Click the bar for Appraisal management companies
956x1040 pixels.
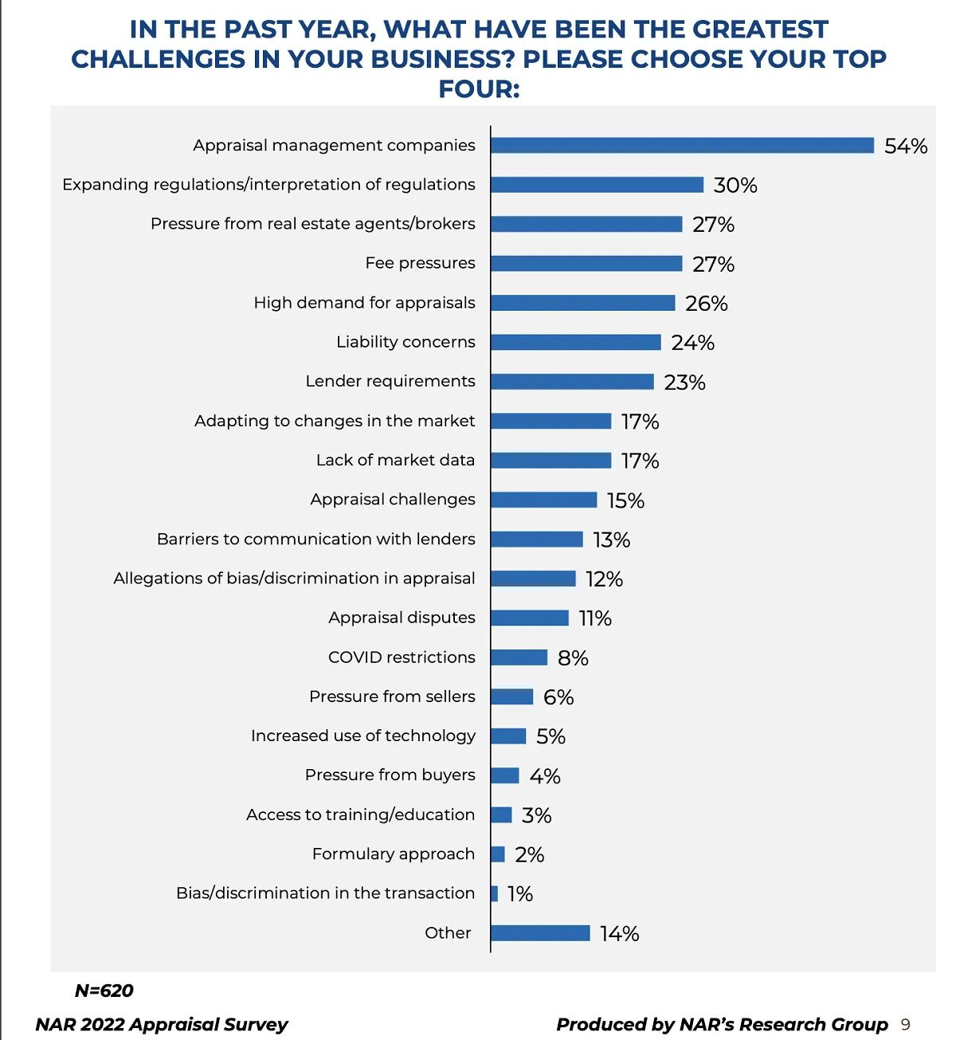pyautogui.click(x=682, y=145)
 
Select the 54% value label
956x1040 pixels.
pyautogui.click(x=906, y=146)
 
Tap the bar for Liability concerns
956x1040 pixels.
pyautogui.click(x=576, y=342)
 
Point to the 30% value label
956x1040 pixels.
pyautogui.click(x=735, y=185)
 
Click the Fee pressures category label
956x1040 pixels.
pyautogui.click(x=420, y=263)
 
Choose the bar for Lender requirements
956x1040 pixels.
pyautogui.click(x=572, y=382)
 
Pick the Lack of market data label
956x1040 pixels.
pyautogui.click(x=395, y=460)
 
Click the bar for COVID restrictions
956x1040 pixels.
pyautogui.click(x=519, y=657)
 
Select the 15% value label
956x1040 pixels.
pyautogui.click(x=625, y=500)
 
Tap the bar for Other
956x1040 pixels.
pyautogui.click(x=540, y=933)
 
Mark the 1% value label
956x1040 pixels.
pyautogui.click(x=519, y=894)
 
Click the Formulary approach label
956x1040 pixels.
pyautogui.click(x=393, y=854)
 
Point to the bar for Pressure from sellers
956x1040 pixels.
pyautogui.click(x=512, y=697)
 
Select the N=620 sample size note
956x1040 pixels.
pyautogui.click(x=104, y=991)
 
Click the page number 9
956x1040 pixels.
pyautogui.click(x=905, y=1025)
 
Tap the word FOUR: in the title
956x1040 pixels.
pyautogui.click(x=479, y=88)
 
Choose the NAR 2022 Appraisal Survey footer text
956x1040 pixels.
pyautogui.click(x=162, y=1025)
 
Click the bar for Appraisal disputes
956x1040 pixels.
pyautogui.click(x=530, y=618)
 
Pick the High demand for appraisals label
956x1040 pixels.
pyautogui.click(x=364, y=303)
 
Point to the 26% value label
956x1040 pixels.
pyautogui.click(x=706, y=304)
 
